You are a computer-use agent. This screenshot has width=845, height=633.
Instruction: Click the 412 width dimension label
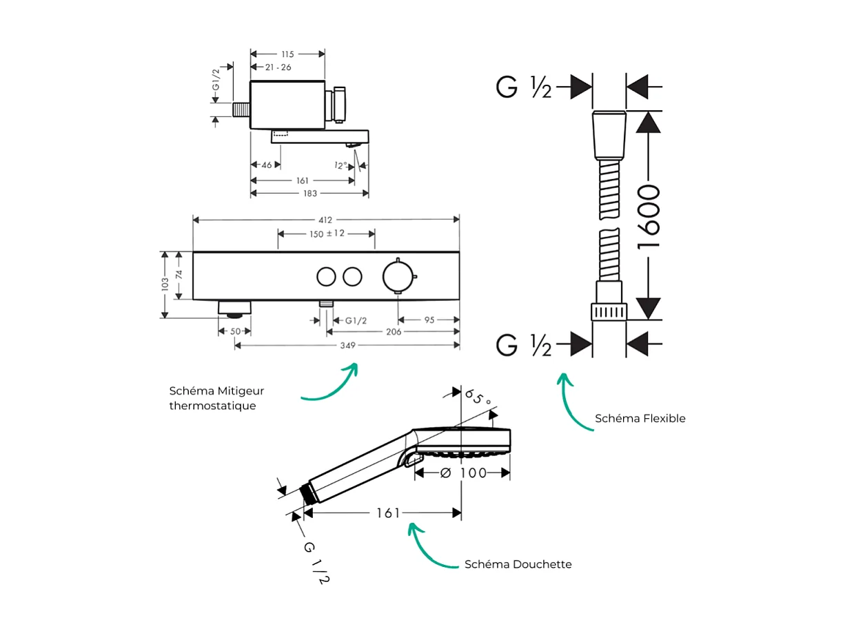[x=325, y=220]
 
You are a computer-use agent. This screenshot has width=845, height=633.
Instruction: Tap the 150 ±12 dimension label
[x=326, y=234]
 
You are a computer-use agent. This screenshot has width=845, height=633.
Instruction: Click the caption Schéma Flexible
[x=640, y=418]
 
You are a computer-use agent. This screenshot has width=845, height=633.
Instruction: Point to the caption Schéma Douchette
[x=518, y=564]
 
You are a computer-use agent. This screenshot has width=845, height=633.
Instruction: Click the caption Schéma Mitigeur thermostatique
[x=216, y=398]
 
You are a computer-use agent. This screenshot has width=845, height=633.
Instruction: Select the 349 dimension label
[x=347, y=346]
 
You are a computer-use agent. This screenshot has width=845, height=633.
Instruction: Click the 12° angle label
[x=340, y=165]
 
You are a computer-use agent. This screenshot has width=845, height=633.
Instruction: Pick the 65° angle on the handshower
[x=477, y=398]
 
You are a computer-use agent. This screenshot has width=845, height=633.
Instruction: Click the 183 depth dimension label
[x=309, y=194]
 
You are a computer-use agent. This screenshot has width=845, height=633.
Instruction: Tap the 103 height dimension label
[x=164, y=284]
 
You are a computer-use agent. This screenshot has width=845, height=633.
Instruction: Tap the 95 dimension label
[x=429, y=320]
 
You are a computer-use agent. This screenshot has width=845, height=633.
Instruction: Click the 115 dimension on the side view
[x=287, y=54]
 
